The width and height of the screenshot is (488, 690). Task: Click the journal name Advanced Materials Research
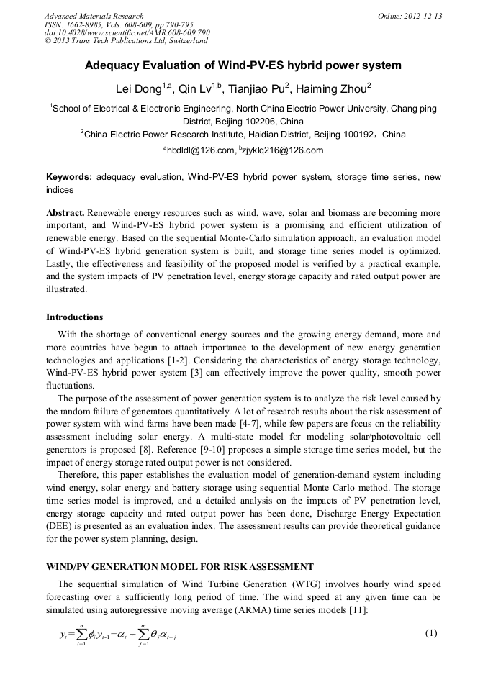pos(94,16)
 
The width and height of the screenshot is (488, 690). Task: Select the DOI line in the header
pos(127,32)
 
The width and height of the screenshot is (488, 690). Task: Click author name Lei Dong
pos(140,89)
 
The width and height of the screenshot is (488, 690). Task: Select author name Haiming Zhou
pos(333,89)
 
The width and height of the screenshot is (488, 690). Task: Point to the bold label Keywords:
pos(69,177)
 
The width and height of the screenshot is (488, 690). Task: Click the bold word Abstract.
pos(65,214)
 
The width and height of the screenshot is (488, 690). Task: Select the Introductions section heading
pos(75,317)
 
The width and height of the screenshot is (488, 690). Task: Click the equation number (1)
pos(431,633)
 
